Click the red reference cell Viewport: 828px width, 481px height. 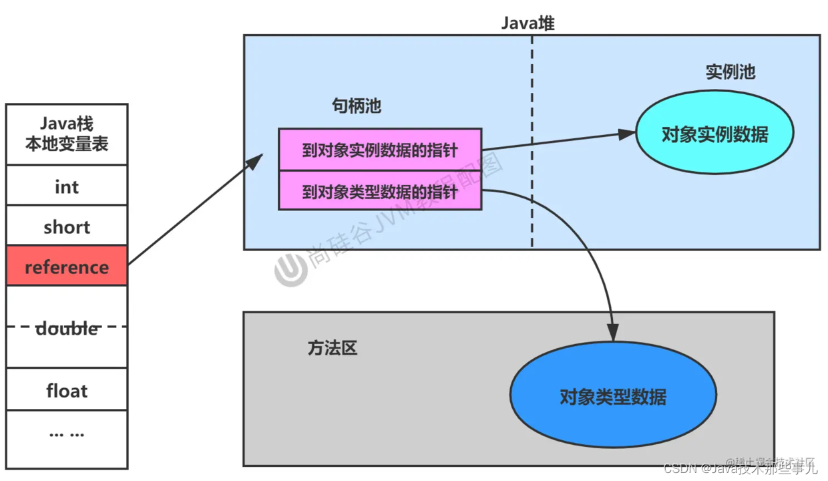pos(67,266)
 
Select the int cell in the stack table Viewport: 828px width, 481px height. pos(67,186)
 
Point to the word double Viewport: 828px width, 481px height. pos(67,328)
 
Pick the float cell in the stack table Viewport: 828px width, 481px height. pos(67,389)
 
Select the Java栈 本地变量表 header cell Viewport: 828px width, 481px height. pos(67,134)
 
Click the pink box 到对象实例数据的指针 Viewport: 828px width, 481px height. pos(379,150)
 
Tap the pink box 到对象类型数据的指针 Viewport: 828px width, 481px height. pos(379,192)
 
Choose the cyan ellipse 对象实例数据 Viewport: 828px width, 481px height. pos(714,134)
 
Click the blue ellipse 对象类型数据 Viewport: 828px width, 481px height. pos(613,397)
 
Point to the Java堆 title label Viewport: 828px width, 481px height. pos(528,23)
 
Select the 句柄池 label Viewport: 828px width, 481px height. pos(357,106)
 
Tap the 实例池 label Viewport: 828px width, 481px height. pos(731,72)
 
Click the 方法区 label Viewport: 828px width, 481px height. pos(333,348)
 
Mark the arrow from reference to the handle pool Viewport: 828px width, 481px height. pos(194,210)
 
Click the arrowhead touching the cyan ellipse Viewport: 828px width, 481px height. pos(628,134)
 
